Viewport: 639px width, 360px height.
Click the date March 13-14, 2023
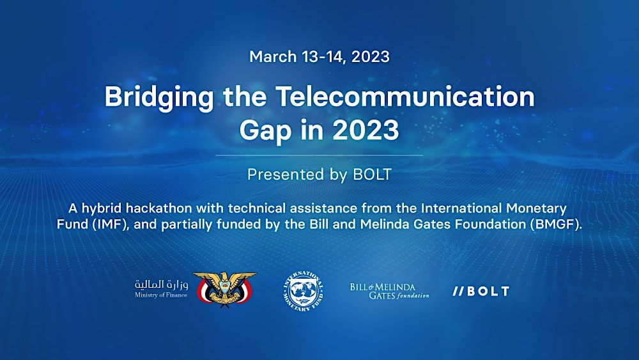[319, 56]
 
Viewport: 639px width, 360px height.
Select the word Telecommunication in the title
[405, 97]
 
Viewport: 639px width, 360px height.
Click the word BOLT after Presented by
[372, 175]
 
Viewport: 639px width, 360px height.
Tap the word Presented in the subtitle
[279, 175]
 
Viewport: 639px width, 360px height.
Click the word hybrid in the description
[104, 208]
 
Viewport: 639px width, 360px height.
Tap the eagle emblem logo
[224, 289]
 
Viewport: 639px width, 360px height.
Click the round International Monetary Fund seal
[303, 290]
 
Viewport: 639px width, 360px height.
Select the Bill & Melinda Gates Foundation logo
[389, 291]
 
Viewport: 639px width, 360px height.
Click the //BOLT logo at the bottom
[481, 291]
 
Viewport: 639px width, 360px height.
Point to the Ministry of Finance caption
[161, 295]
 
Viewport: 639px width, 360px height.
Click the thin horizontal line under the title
[319, 155]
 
